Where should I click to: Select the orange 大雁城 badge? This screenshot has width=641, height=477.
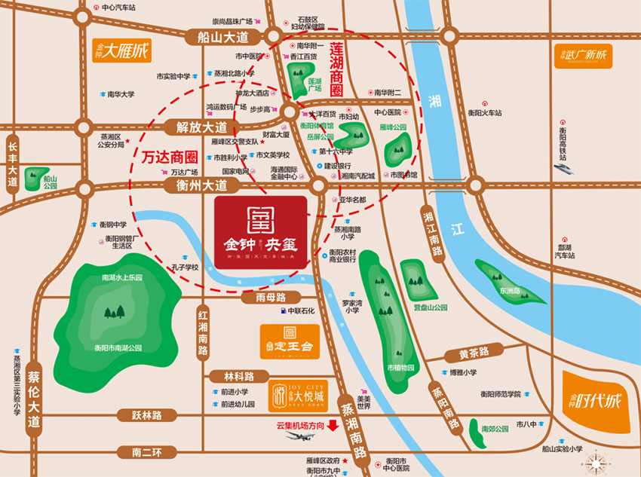pyautogui.click(x=121, y=52)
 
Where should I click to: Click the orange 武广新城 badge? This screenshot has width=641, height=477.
pyautogui.click(x=583, y=55)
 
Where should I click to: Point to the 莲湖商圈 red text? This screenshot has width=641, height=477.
pyautogui.click(x=336, y=67)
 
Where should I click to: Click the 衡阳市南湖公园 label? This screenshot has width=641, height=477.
pyautogui.click(x=113, y=348)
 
